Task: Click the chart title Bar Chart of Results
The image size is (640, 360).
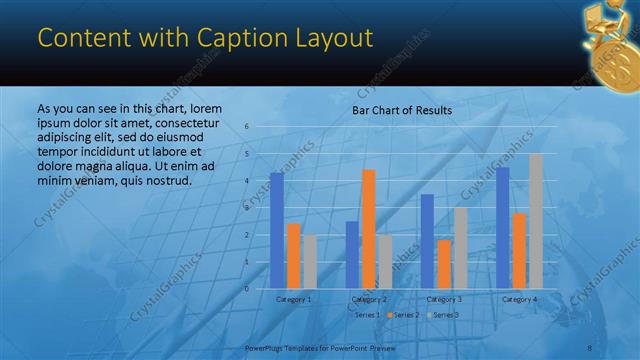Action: [402, 111]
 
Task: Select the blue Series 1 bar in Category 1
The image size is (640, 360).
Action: [276, 230]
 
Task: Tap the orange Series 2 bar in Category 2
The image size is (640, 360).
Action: [368, 228]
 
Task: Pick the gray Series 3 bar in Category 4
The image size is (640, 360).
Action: [536, 220]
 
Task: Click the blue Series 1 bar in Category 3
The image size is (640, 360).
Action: [427, 241]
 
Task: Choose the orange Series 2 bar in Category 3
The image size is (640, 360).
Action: [444, 264]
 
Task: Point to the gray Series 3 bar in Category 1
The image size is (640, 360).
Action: [310, 261]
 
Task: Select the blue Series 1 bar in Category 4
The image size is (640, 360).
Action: [503, 227]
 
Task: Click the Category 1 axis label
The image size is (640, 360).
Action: [293, 299]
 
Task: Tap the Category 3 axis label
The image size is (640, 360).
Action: [444, 299]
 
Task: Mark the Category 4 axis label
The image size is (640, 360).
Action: [519, 299]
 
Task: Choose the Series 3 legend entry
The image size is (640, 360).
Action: [444, 315]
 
